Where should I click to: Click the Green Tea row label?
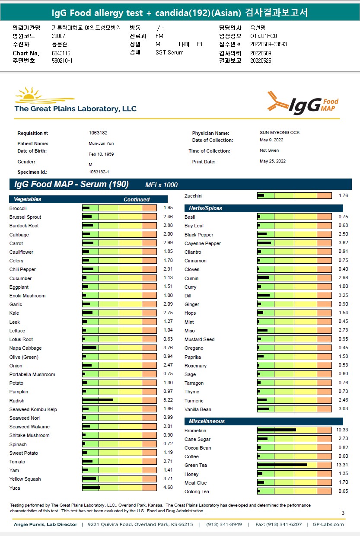(196, 466)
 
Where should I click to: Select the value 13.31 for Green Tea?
(342, 465)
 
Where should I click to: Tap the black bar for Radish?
(98, 400)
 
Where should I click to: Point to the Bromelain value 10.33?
(342, 431)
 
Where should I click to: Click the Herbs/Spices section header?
(205, 208)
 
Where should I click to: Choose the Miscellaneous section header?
(207, 421)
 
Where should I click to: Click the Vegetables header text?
(28, 200)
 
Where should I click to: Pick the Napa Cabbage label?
(25, 348)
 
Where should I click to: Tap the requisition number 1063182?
(98, 133)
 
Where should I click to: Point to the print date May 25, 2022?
(273, 161)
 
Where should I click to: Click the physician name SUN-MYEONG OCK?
(280, 133)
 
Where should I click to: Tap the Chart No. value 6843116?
(61, 53)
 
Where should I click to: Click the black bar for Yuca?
(91, 488)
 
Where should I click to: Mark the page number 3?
(343, 513)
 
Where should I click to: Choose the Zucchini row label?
(193, 196)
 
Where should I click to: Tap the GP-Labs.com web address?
(328, 524)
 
